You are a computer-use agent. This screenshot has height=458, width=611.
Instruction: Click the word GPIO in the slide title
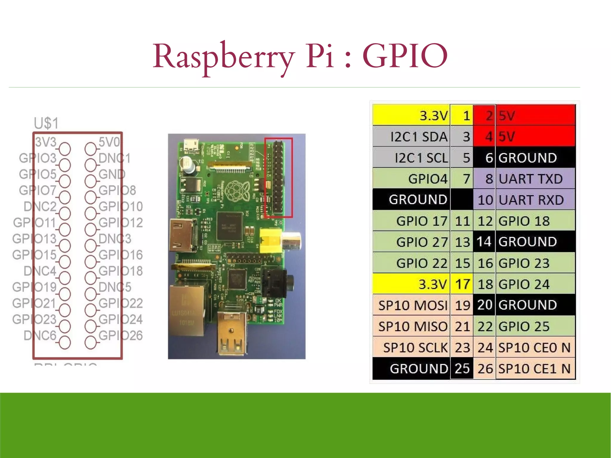[405, 56]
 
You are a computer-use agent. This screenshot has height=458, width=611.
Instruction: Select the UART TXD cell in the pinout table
[530, 179]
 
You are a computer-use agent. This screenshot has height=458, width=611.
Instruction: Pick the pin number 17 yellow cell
[462, 284]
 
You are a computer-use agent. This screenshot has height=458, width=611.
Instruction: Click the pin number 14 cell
[484, 242]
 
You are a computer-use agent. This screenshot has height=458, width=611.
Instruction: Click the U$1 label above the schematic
[46, 123]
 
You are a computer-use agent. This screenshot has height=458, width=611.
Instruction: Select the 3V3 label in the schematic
[46, 142]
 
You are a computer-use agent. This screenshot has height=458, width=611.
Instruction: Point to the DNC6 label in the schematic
[40, 336]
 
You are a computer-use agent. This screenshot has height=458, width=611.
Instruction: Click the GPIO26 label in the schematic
[121, 336]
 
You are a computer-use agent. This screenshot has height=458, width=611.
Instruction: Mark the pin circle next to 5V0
[90, 149]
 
